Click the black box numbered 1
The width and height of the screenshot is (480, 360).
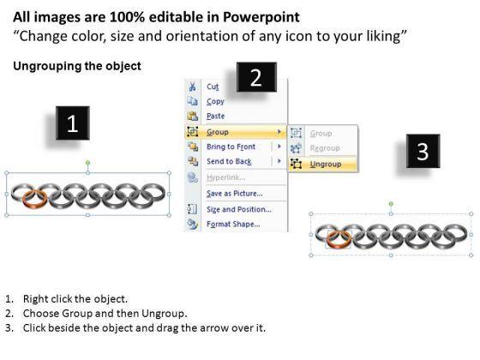[x=73, y=123]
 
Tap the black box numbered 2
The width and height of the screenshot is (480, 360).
[x=256, y=77]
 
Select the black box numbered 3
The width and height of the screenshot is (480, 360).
[x=423, y=151]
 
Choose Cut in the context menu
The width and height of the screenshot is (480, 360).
[x=213, y=87]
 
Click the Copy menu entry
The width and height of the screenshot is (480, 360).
[x=215, y=102]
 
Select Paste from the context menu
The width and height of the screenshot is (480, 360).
[x=215, y=116]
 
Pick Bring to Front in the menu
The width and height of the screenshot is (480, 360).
[x=231, y=147]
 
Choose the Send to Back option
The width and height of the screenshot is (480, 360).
[x=229, y=161]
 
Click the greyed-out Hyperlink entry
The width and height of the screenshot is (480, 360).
[x=226, y=177]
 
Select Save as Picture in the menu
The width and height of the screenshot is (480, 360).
[x=235, y=194]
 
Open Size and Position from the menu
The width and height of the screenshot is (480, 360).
[x=239, y=209]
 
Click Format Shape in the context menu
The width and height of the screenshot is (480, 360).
[x=233, y=224]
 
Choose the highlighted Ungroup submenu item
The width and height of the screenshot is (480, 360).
[x=326, y=164]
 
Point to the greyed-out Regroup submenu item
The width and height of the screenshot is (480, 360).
[x=325, y=148]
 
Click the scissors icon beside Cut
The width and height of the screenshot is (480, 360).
[x=192, y=87]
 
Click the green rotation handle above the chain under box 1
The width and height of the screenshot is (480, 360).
[x=87, y=162]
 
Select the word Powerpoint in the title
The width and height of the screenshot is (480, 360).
[x=261, y=17]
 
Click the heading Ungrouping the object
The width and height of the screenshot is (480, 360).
[x=77, y=66]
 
